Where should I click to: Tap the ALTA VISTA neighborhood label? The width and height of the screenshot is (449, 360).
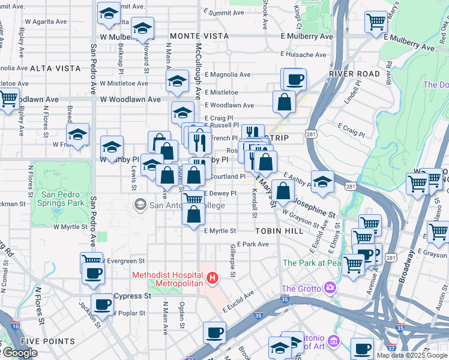(55, 68)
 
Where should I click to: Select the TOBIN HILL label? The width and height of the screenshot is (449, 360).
(274, 231)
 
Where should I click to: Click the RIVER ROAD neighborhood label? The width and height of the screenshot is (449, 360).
(354, 74)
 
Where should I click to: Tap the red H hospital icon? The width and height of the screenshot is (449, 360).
(212, 278)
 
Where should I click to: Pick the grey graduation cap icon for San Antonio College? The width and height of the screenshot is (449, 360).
(140, 205)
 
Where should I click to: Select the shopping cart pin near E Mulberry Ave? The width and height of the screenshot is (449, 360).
(376, 22)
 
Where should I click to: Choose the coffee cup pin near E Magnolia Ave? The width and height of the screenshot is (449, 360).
(294, 79)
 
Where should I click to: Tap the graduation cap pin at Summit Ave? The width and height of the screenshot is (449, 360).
(109, 13)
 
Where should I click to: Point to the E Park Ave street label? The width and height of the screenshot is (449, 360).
(253, 244)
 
